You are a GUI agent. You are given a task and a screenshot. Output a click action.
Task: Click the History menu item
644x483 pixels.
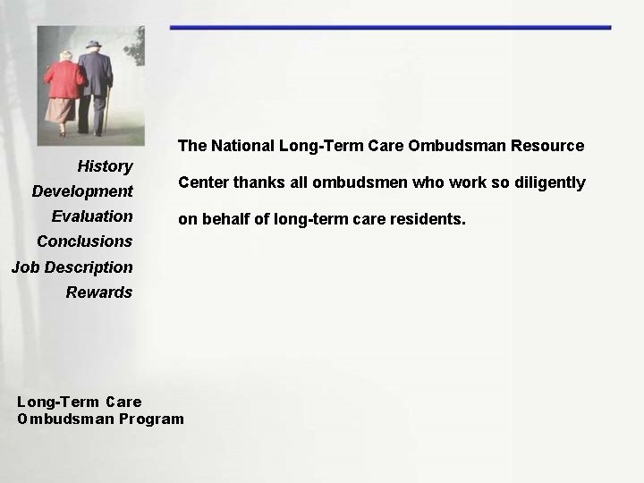(105, 166)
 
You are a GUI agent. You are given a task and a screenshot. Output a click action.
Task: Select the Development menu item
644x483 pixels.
(82, 191)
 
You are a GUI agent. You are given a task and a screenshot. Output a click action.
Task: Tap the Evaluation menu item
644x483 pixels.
(92, 216)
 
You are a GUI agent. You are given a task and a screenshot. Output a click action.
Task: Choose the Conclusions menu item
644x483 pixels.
(84, 241)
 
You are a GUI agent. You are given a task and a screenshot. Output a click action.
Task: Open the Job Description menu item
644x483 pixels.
(72, 267)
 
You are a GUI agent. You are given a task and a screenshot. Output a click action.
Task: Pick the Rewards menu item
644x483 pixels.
(98, 292)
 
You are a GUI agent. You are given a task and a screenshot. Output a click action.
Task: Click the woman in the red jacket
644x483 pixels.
(64, 85)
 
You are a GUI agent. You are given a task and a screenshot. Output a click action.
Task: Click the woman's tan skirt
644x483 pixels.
(61, 110)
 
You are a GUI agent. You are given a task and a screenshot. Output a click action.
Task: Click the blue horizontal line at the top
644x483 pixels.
(390, 28)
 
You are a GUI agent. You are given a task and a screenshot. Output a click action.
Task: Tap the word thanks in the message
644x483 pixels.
(254, 183)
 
